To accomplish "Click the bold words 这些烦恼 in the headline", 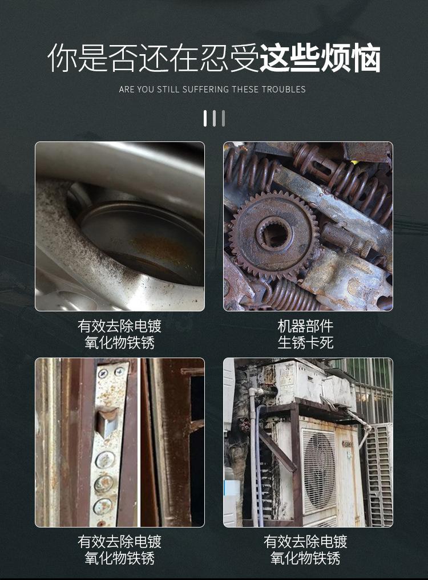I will click(320, 58).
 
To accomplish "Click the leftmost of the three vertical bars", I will click(205, 118).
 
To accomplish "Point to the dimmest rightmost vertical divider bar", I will click(223, 118).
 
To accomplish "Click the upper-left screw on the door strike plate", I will click(103, 374).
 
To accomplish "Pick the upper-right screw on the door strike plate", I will click(119, 372).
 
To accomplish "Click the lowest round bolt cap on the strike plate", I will click(103, 505).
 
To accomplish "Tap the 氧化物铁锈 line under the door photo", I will click(119, 558).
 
